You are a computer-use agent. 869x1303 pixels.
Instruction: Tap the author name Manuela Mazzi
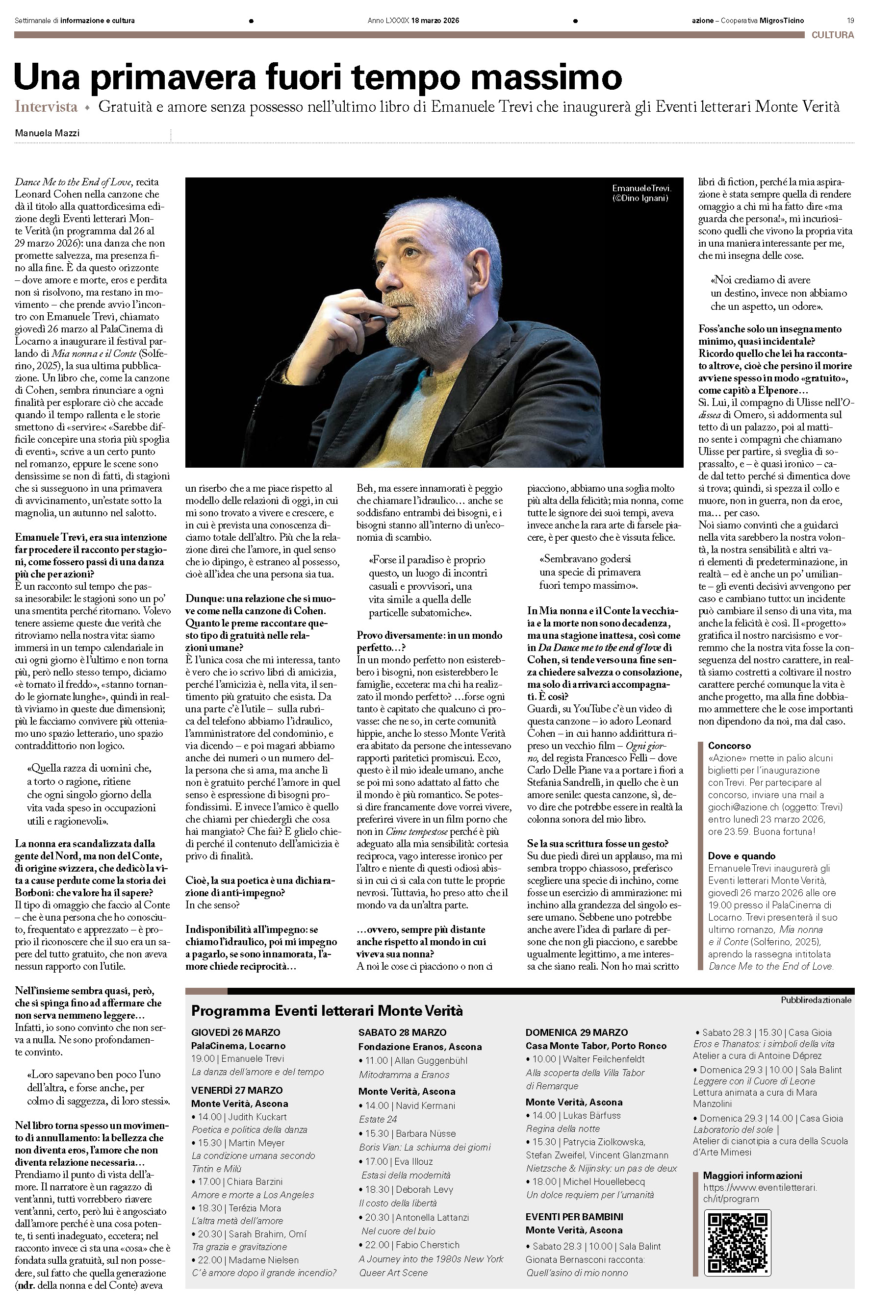coord(47,133)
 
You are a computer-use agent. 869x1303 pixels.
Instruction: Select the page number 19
coord(850,21)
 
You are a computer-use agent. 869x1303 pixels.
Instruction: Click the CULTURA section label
coord(832,35)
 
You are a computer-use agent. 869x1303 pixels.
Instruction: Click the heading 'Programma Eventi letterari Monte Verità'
coord(327,1010)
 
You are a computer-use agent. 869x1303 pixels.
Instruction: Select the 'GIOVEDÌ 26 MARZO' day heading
coord(235,1032)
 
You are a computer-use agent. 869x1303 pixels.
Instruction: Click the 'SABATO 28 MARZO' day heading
coord(402,1032)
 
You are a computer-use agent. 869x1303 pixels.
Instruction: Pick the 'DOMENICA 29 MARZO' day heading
coord(576,1032)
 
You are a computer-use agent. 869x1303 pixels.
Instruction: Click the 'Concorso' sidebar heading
coord(729,746)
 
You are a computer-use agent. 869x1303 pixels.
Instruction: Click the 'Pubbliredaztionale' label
coord(816,1000)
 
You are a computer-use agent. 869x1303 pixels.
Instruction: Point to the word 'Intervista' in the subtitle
coord(46,107)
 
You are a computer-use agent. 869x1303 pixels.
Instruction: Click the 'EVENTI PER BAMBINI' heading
coord(574,1217)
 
